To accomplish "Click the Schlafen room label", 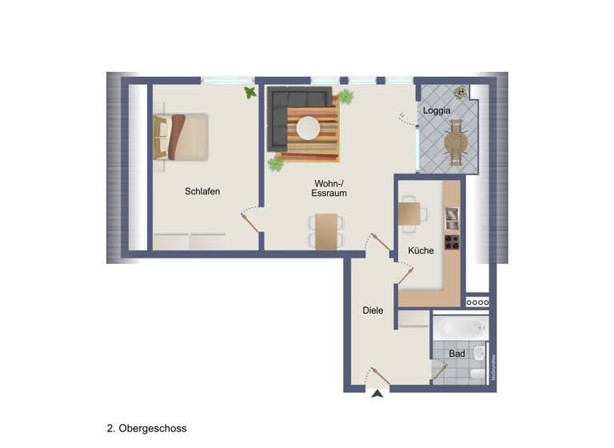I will [x=202, y=191].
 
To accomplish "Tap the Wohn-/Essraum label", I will [x=329, y=188].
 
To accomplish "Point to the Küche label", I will [x=421, y=250].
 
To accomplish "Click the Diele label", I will [x=373, y=310].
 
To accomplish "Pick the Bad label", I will [x=457, y=353].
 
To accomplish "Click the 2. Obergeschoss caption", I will [x=146, y=429].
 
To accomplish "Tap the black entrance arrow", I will [x=377, y=392].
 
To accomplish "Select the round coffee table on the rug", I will [x=309, y=128].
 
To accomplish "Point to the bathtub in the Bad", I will [x=460, y=328].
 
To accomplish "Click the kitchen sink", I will [x=452, y=217].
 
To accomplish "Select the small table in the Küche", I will [x=409, y=213].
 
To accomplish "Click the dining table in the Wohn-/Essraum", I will [x=326, y=232].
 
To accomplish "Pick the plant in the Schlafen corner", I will [x=251, y=93].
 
